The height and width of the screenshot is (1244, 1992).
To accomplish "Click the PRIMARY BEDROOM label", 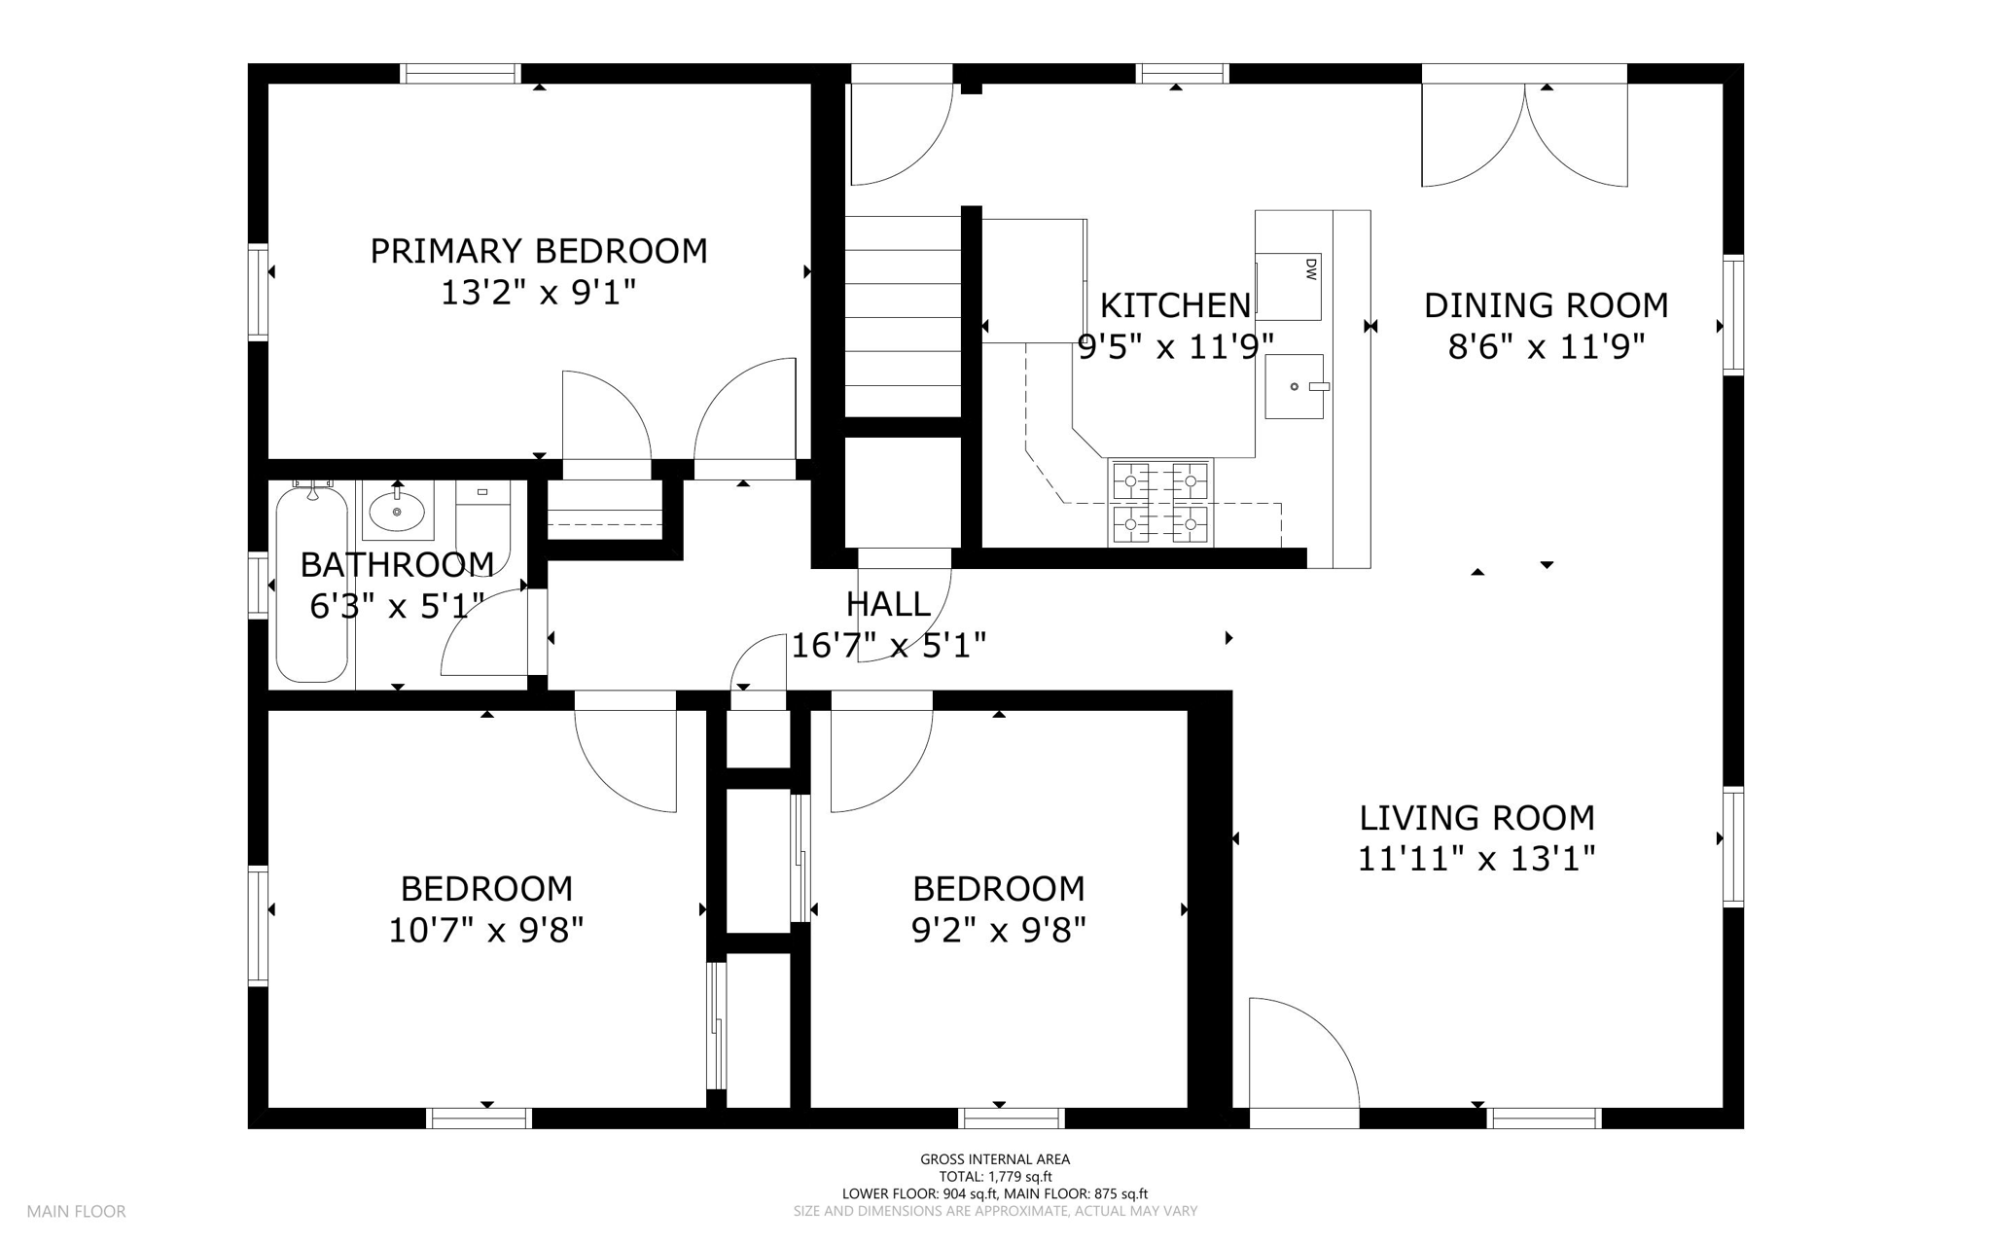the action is [x=538, y=251].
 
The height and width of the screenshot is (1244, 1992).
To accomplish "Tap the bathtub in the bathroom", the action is [x=312, y=584].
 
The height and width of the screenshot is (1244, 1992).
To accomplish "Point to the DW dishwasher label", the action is [x=1310, y=268].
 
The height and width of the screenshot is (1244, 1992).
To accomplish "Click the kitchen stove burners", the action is [x=1160, y=503].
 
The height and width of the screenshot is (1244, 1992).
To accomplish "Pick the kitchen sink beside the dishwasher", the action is [x=1295, y=386].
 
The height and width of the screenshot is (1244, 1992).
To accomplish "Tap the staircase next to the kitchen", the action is [x=903, y=316].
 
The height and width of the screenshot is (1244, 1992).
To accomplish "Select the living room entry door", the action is [x=1303, y=1053].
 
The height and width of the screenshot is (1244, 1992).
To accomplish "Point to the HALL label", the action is [x=888, y=604].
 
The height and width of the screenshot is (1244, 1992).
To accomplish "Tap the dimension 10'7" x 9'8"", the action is [x=486, y=931].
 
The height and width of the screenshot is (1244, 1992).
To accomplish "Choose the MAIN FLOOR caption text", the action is [x=76, y=1212].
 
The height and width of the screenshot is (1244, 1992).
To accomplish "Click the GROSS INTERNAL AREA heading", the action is [x=995, y=1159].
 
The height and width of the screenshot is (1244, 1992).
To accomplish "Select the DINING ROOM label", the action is [x=1547, y=305].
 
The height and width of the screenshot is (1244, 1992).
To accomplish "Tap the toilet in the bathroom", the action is [x=483, y=525].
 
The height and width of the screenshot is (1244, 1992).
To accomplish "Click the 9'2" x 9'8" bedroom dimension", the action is [x=998, y=931].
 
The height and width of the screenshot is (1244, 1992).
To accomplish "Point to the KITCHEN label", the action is [x=1175, y=305].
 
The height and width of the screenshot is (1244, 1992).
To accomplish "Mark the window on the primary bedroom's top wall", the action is [x=461, y=74].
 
